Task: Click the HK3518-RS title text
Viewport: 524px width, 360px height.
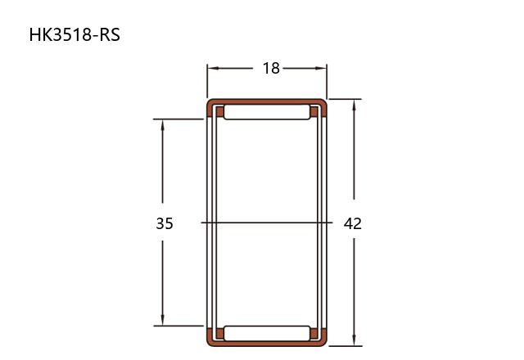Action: [75, 34]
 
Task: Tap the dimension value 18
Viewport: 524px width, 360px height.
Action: [271, 68]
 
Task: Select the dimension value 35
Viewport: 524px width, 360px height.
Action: [165, 223]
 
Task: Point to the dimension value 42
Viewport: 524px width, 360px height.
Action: [353, 223]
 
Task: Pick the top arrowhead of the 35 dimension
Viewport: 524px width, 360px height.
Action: [162, 125]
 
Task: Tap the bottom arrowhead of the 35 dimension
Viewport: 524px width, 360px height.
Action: [162, 319]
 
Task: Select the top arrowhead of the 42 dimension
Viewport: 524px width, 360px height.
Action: [355, 106]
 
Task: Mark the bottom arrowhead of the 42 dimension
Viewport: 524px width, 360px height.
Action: [355, 340]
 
